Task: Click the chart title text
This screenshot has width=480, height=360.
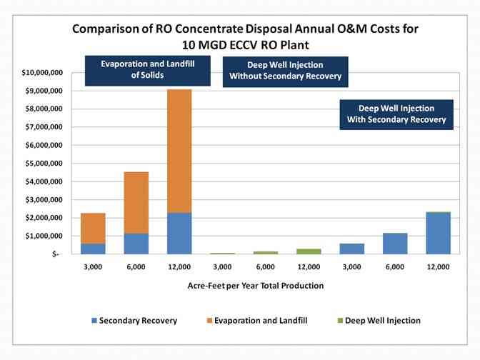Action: click(x=239, y=36)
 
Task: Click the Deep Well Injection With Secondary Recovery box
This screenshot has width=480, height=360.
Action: click(x=396, y=114)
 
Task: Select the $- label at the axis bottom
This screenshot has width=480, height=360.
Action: click(x=56, y=254)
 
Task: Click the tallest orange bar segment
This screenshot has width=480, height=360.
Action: click(x=179, y=151)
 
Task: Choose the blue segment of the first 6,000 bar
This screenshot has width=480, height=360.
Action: click(x=136, y=244)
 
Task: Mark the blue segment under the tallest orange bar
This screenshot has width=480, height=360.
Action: click(x=179, y=234)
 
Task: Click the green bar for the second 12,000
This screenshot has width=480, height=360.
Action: click(x=309, y=251)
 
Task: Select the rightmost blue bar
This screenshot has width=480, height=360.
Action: click(x=438, y=234)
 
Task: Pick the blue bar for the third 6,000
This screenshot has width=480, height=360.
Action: click(x=395, y=244)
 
